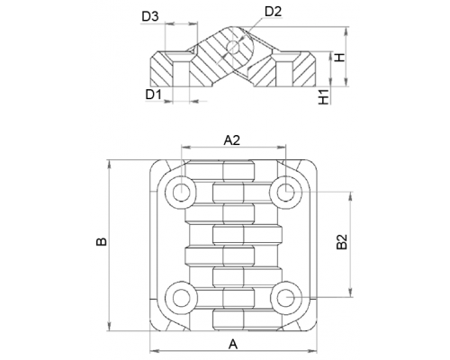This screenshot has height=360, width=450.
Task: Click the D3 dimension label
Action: pos(150,17)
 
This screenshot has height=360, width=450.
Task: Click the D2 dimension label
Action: pos(274,12)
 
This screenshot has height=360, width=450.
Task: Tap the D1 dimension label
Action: pos(154,94)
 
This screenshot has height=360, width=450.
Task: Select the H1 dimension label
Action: pos(324,96)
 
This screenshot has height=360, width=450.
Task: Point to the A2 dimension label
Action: pos(232,139)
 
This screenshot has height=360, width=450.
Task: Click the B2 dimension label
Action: pos(341,242)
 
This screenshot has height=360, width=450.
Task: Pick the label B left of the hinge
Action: pos(102,241)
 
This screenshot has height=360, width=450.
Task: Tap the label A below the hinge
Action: pos(233,344)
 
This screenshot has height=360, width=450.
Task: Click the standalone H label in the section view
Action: pos(340,58)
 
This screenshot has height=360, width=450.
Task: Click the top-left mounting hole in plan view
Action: pos(181,193)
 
